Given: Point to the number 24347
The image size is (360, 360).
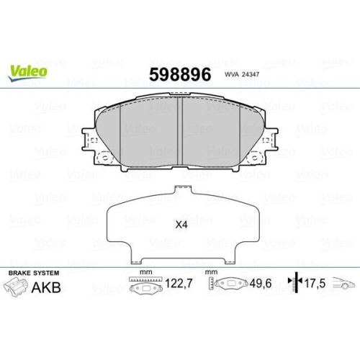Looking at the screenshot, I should [253, 74].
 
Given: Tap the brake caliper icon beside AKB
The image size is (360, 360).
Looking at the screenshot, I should [17, 289].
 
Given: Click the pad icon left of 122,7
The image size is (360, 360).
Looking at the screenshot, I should [145, 287].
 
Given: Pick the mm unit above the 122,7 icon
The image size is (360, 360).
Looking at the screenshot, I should [145, 273].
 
